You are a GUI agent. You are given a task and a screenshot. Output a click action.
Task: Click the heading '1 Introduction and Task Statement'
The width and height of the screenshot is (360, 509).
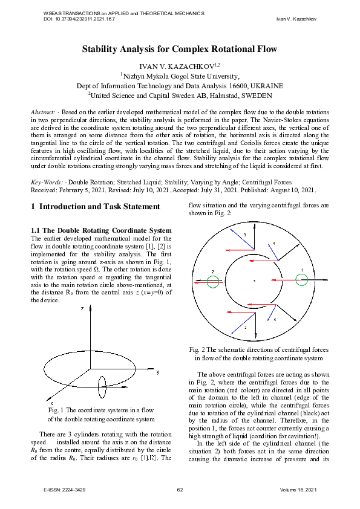point(95,207)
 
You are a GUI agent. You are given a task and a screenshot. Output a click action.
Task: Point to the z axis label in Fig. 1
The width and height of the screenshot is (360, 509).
point(81,308)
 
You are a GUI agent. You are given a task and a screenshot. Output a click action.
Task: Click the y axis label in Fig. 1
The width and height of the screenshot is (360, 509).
point(158,372)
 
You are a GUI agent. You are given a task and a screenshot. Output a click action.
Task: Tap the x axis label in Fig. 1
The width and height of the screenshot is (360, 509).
point(52,402)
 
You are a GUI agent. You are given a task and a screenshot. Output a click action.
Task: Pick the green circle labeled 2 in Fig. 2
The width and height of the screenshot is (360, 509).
point(212,281)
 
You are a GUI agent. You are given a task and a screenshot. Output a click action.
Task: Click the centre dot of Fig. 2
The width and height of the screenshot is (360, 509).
point(255,280)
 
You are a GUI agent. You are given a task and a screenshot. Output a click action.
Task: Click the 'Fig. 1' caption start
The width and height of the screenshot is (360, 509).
point(54,410)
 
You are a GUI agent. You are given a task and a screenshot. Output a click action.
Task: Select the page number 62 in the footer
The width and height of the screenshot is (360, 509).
point(180,488)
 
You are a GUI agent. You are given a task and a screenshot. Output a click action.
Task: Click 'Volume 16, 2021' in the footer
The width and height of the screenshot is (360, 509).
point(298,488)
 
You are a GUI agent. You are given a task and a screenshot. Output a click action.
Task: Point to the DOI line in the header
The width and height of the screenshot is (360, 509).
point(79,19)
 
